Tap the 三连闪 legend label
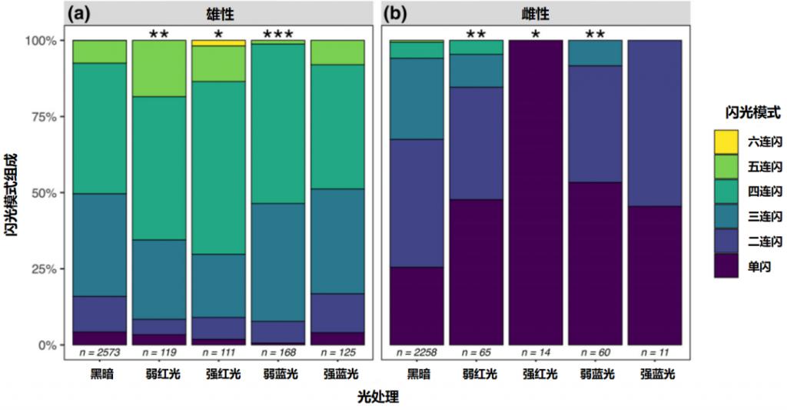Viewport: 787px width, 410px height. (765, 217)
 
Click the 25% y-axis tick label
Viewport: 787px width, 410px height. (45, 269)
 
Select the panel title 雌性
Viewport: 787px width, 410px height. (538, 14)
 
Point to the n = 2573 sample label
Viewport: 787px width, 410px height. (99, 352)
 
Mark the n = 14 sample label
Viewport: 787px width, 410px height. (535, 352)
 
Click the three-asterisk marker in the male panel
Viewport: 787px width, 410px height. (278, 35)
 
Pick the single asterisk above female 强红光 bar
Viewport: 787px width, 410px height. (535, 35)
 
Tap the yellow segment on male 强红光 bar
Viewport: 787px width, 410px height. (218, 43)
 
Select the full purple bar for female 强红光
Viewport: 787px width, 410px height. (535, 192)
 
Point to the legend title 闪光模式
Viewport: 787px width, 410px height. (742, 113)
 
